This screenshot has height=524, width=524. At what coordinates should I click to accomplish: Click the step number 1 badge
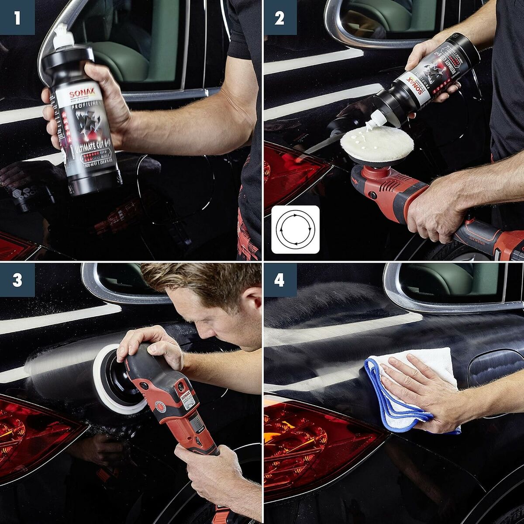pyautogui.click(x=17, y=17)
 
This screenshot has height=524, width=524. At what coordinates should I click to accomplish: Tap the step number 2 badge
pyautogui.click(x=280, y=17)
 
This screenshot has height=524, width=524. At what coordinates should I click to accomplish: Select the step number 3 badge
pyautogui.click(x=17, y=280)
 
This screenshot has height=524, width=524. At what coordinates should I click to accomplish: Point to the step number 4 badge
pyautogui.click(x=280, y=280)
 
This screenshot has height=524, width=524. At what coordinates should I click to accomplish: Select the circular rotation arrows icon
pyautogui.click(x=295, y=230)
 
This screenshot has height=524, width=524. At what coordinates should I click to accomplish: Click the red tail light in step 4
pyautogui.click(x=306, y=441)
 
